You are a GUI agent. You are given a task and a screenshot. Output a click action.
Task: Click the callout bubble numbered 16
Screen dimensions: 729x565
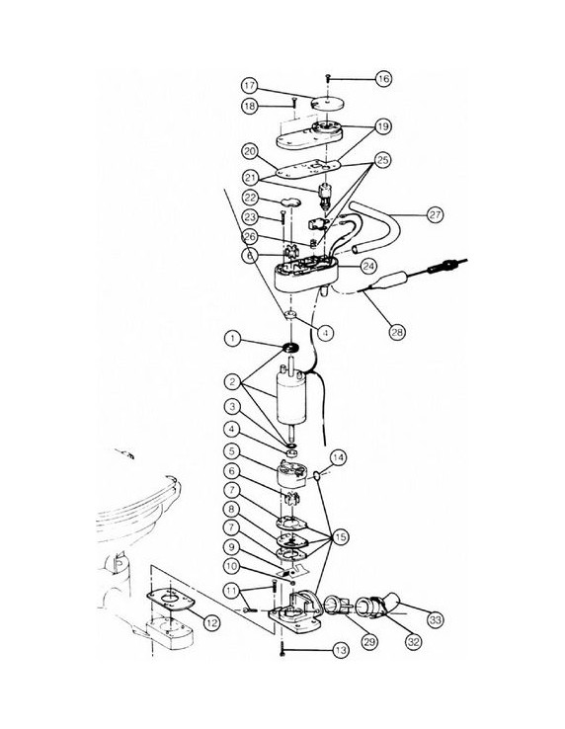[383, 78]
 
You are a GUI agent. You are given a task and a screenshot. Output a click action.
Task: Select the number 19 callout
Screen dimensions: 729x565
[381, 127]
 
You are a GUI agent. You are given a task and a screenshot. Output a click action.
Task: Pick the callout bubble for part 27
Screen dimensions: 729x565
[434, 213]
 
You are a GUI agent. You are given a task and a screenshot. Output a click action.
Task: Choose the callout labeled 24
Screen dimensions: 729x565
[368, 266]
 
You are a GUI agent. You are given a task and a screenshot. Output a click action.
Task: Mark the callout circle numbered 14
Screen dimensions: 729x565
[339, 457]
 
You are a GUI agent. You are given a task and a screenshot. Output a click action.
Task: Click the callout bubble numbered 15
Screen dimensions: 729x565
[341, 536]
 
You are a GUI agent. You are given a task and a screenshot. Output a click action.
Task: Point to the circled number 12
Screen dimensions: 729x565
[209, 621]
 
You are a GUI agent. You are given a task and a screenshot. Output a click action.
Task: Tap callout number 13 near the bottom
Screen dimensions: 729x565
[341, 650]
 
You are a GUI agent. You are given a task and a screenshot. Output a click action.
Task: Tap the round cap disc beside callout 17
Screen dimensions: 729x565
[325, 103]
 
